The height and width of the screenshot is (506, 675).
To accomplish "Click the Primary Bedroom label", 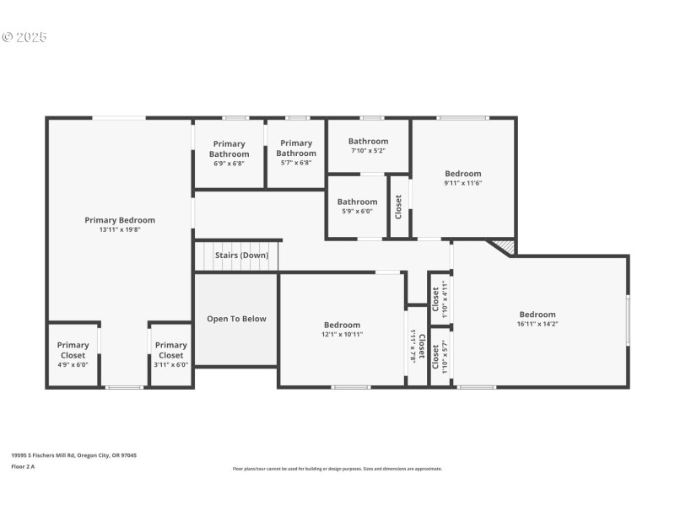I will coord(120,220).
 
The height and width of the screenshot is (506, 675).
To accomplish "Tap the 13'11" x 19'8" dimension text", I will coord(120,229).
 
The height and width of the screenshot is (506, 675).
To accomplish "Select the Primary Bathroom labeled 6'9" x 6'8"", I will coord(229,149).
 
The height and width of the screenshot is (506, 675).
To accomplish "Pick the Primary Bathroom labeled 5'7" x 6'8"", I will coord(296,148).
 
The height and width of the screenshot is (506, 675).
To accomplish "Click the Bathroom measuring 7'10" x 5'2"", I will coord(369,142).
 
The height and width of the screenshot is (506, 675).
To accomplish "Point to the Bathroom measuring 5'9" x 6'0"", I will coord(358,202).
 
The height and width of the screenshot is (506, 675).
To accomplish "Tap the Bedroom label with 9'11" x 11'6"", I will coord(463,174).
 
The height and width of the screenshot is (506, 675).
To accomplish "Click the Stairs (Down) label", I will coord(241,255).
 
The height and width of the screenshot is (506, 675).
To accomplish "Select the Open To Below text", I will coord(236,319).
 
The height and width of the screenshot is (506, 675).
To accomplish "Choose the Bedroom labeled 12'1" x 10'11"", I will coord(343,325).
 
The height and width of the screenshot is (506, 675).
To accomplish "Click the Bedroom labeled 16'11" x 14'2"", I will coord(537,315).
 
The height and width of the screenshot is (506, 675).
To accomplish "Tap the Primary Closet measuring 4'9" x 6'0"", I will coord(73,349).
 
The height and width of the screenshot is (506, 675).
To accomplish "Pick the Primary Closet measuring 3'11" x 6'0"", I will coord(170,349).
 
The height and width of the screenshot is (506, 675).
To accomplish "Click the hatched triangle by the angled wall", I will coord(506,245).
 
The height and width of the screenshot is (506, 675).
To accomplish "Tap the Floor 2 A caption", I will coord(24,466).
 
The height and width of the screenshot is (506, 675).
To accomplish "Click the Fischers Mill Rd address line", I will coord(73,455).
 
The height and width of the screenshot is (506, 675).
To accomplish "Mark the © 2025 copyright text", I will coord(24,37).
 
